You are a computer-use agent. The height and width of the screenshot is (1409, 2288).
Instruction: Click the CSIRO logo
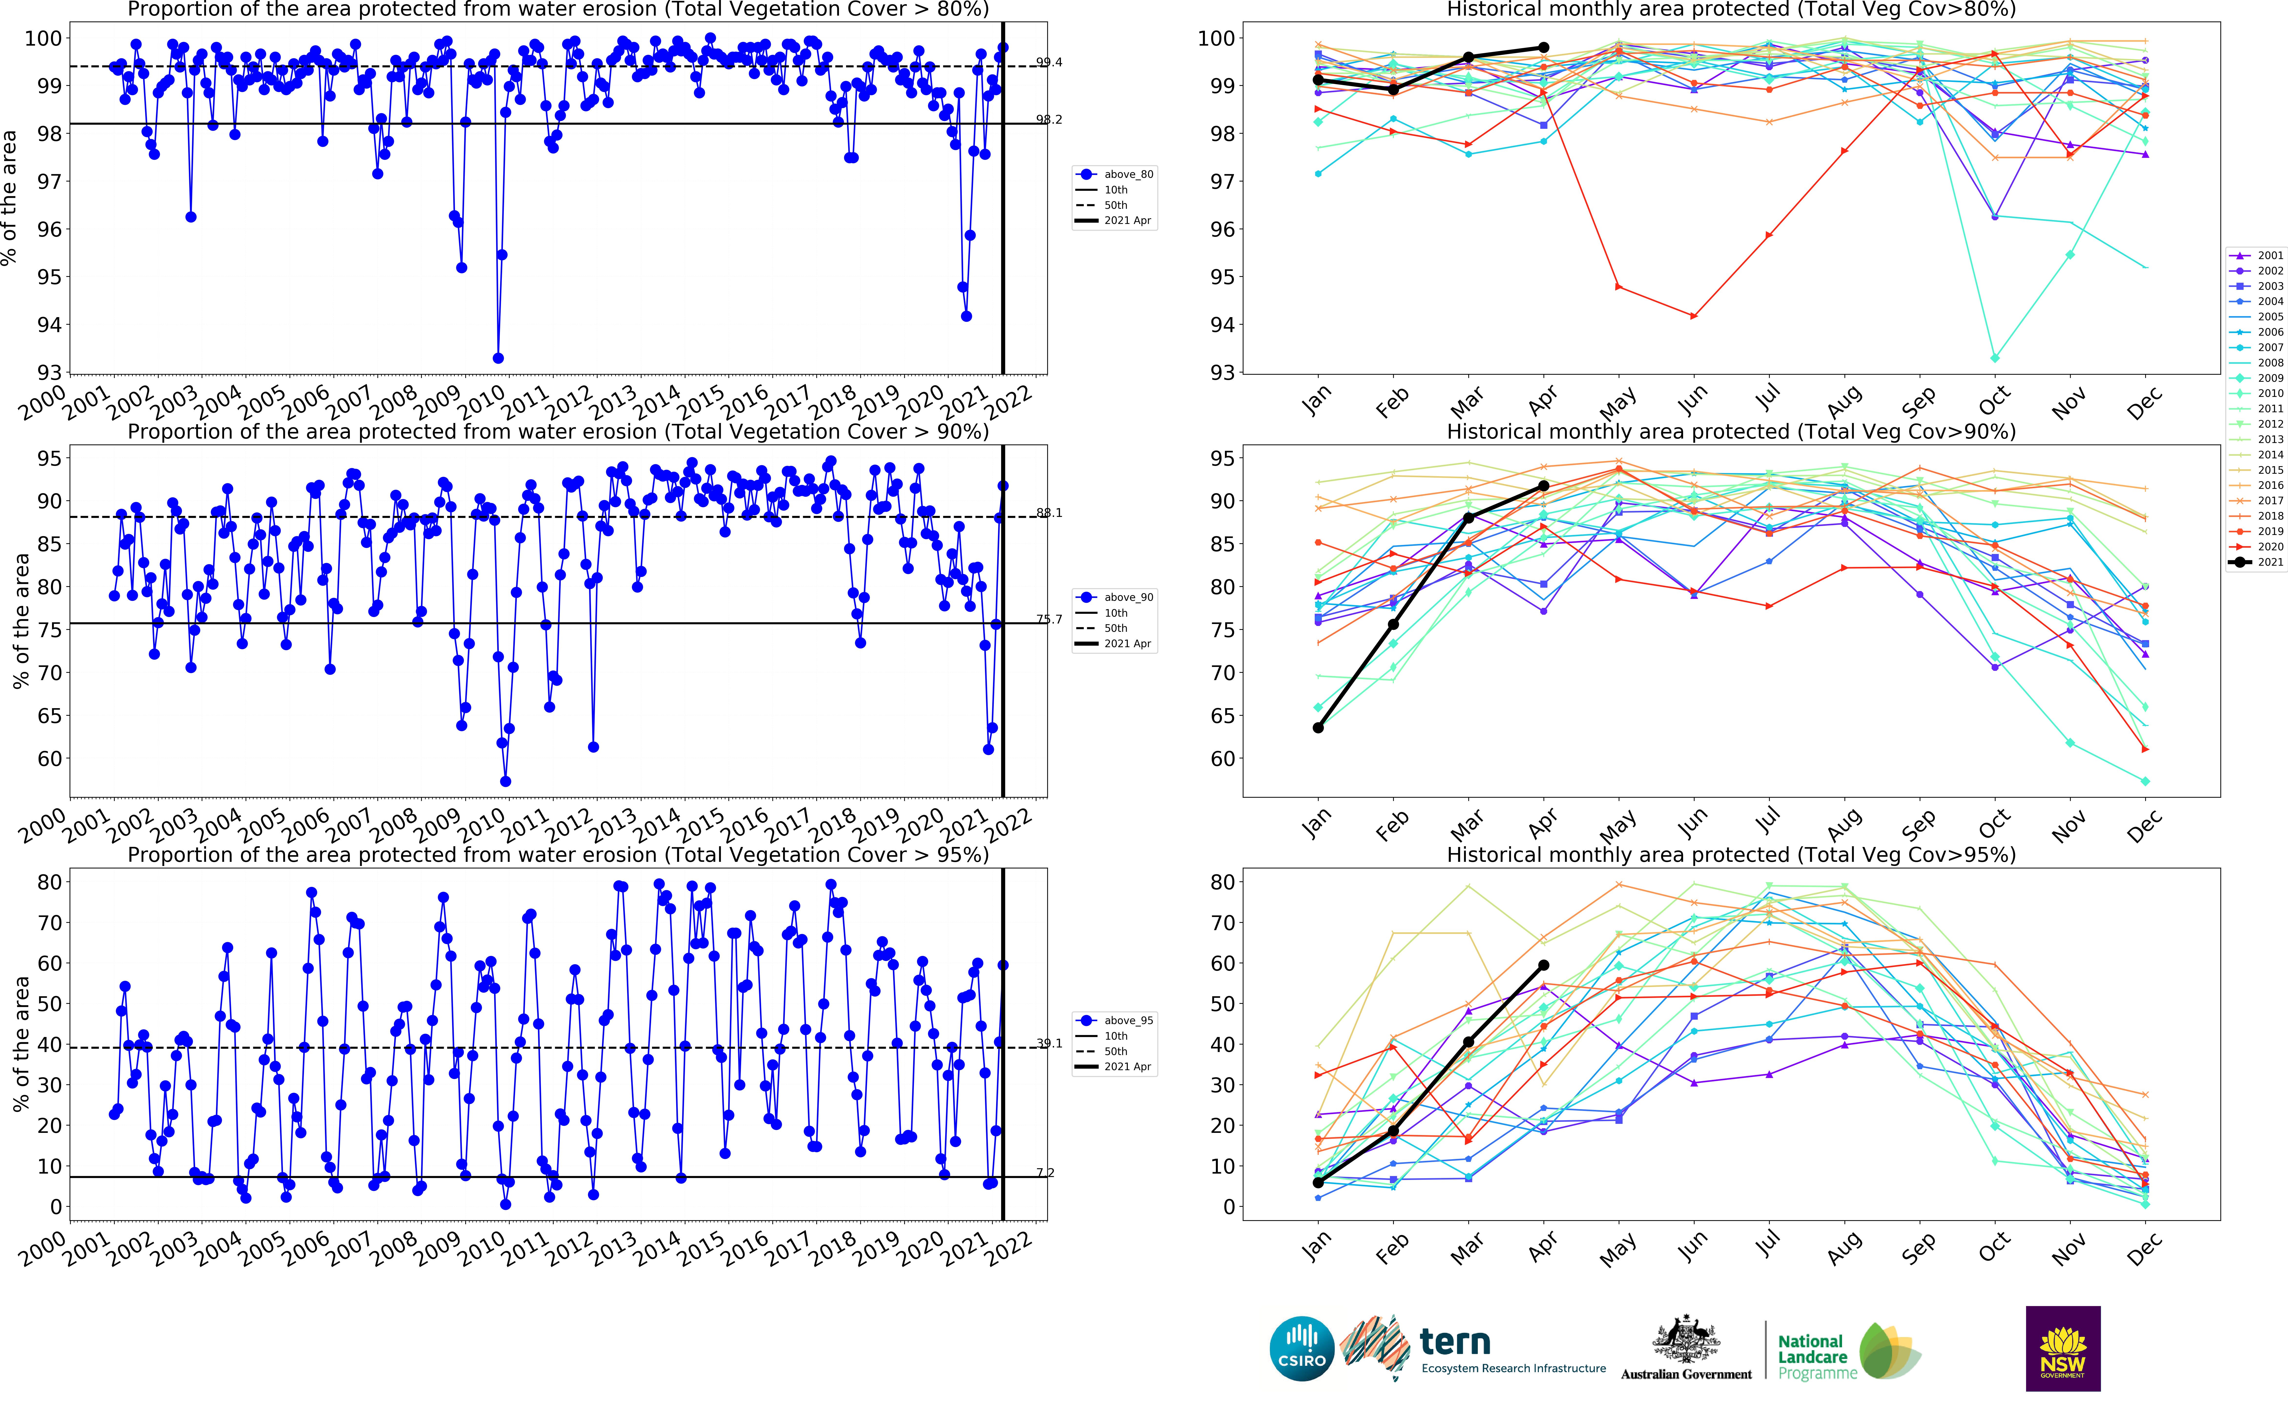pyautogui.click(x=1302, y=1349)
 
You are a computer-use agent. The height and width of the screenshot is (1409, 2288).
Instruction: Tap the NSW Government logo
pyautogui.click(x=2062, y=1349)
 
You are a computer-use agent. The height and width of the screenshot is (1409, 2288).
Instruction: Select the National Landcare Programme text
pyautogui.click(x=1812, y=1357)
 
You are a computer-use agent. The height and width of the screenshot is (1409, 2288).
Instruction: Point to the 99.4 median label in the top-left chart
pyautogui.click(x=1049, y=62)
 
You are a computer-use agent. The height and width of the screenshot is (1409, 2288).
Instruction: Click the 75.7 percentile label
pyautogui.click(x=1049, y=619)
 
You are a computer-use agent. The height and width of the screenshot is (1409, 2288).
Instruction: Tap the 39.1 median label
pyautogui.click(x=1049, y=1044)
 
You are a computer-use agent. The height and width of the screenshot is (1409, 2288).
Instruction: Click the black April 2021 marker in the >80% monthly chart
pyautogui.click(x=1544, y=48)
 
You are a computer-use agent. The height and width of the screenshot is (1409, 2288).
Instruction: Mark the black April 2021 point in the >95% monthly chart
pyautogui.click(x=1544, y=966)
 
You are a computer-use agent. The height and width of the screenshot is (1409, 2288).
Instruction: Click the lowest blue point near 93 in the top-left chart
pyautogui.click(x=498, y=358)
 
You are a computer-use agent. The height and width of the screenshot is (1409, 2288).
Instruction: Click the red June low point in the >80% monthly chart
pyautogui.click(x=1694, y=316)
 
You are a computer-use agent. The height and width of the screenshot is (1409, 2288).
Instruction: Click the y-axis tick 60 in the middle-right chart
pyautogui.click(x=1222, y=759)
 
